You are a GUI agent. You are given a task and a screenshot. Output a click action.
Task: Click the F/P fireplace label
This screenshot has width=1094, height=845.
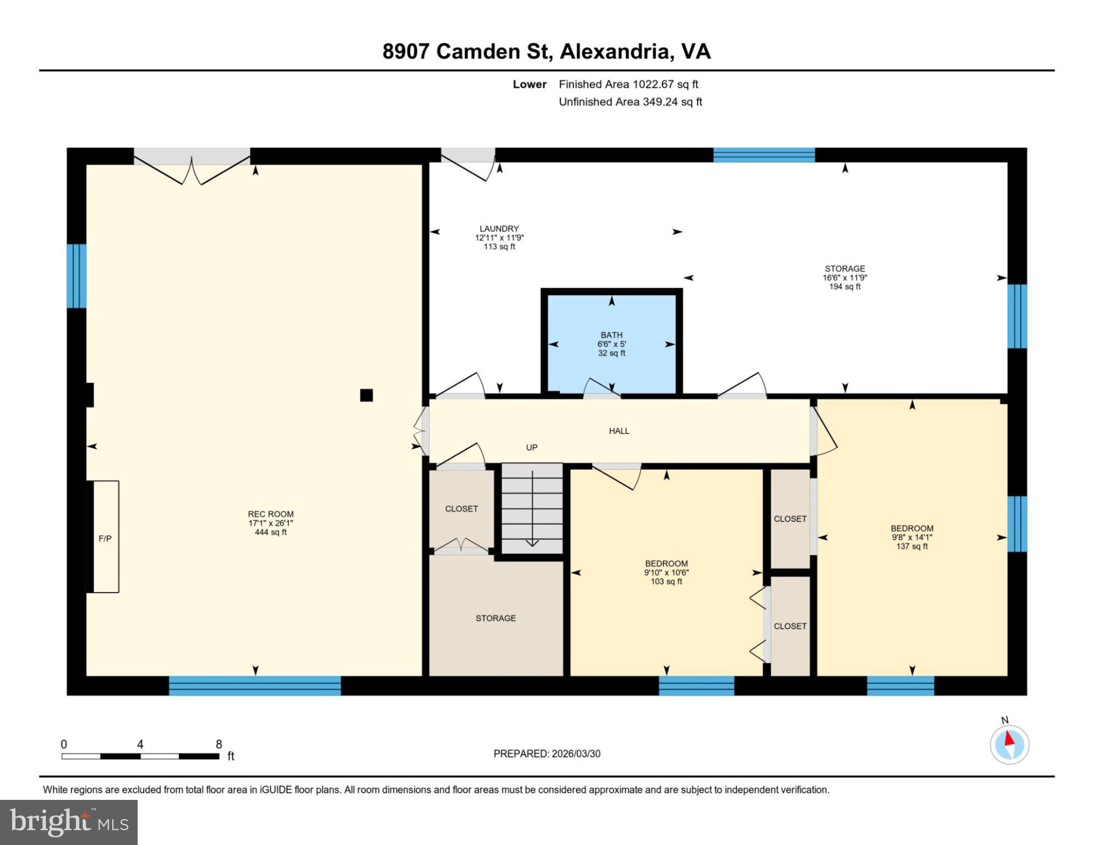pos(105,539)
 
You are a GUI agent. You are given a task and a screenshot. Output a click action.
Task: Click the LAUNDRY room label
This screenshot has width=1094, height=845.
pos(499,229)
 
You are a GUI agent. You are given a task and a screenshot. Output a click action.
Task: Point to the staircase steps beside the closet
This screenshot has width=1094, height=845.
pos(532,508)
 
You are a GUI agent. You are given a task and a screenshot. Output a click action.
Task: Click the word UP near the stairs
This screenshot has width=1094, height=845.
pos(531,447)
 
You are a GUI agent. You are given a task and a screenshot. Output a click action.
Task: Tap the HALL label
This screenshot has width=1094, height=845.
pos(619,431)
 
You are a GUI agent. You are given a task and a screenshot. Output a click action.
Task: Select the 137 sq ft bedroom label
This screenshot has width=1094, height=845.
pos(912,537)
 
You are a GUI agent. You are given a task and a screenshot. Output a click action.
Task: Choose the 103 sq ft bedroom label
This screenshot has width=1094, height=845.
pos(666,572)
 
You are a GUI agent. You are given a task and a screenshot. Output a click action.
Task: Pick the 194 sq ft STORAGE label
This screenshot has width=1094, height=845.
pos(845,277)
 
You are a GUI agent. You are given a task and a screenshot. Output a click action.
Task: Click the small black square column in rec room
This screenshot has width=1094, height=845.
pos(366,395)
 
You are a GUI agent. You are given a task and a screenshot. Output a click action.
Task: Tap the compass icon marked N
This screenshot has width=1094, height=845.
pos(1009,744)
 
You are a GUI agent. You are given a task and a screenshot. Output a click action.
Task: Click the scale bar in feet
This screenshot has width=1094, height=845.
pos(140,756)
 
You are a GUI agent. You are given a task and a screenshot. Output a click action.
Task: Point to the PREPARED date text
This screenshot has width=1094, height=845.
pos(547,754)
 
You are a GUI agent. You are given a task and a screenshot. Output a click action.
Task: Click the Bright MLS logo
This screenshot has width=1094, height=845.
pos(69,822)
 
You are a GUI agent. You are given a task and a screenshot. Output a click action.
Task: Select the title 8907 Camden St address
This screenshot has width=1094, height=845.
pos(546,51)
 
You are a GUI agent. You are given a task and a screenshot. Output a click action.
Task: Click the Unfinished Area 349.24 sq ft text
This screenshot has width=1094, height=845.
pos(630,102)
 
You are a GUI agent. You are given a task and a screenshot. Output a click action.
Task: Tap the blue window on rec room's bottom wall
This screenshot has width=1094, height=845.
pos(254,685)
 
